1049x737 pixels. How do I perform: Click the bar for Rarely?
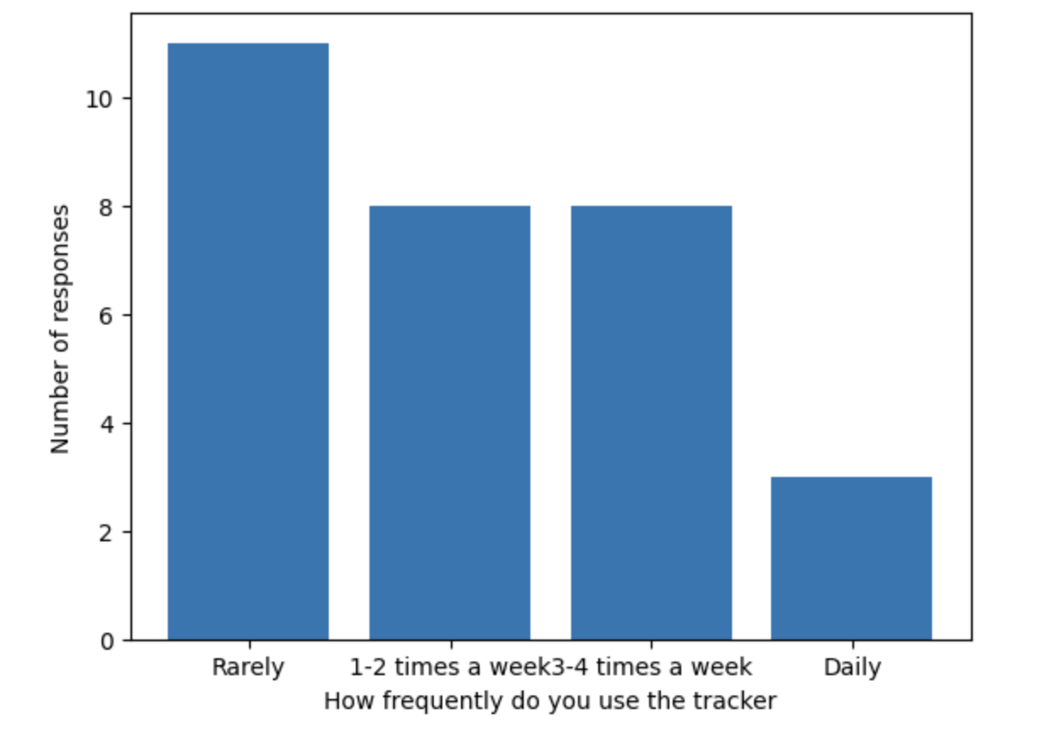(248, 341)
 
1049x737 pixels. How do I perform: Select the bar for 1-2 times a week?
(450, 423)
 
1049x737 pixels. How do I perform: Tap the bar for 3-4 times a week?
(652, 423)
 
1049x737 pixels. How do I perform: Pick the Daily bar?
(852, 558)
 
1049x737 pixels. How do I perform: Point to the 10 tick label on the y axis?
(99, 99)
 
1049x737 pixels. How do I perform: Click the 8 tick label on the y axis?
(106, 208)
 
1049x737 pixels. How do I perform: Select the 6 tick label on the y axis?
(106, 316)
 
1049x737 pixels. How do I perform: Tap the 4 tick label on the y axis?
(106, 424)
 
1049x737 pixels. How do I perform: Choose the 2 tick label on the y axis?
(106, 534)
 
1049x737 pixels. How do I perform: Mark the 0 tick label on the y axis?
(106, 641)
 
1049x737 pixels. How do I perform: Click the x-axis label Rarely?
(248, 668)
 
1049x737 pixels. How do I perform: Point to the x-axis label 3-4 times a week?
(651, 667)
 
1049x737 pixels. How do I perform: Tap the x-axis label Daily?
(852, 668)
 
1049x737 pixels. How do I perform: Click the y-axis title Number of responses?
(60, 330)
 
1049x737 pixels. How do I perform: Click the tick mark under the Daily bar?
(852, 645)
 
